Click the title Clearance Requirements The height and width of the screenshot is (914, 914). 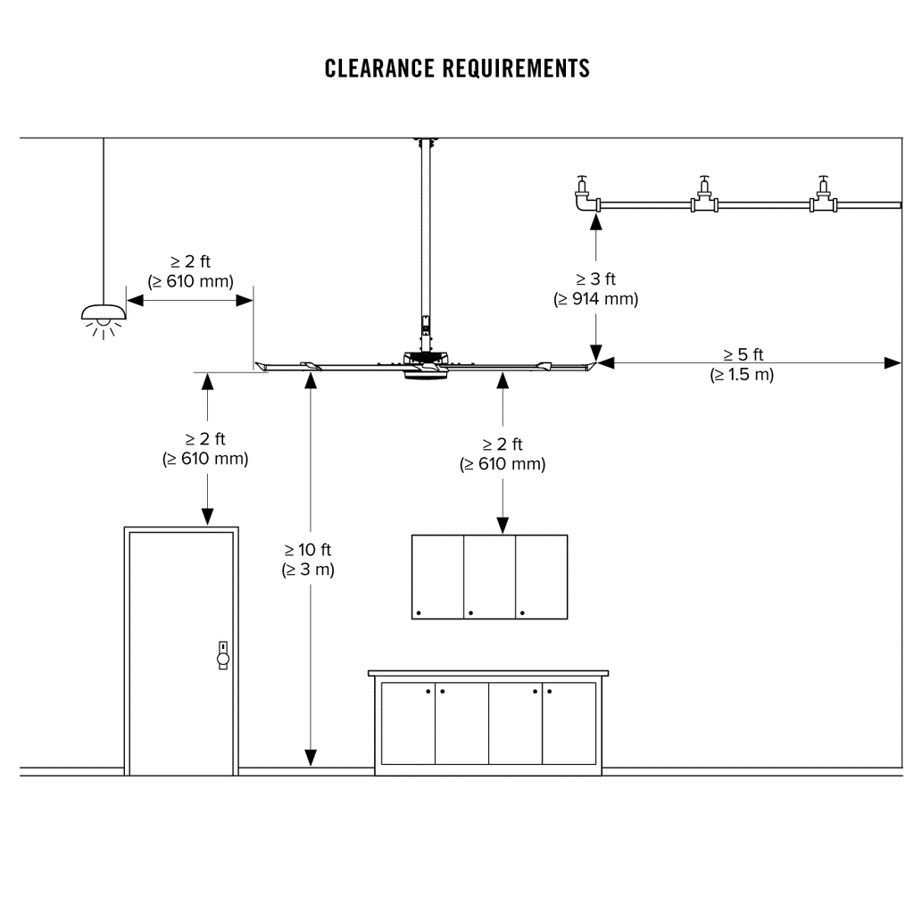pos(457,69)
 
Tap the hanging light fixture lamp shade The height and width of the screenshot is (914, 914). pos(104,312)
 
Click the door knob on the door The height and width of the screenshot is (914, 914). pos(222,659)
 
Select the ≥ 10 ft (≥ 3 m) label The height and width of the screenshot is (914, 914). pos(308,560)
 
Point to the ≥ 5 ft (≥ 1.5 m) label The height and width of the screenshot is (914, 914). pos(743,365)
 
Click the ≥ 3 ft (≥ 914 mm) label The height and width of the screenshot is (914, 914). pos(595,289)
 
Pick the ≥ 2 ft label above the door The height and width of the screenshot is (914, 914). pos(205,449)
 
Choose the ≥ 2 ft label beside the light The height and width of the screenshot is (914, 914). pos(190,271)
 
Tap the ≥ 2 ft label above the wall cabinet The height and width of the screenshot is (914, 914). pos(503,453)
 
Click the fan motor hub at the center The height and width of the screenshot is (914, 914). pos(426,365)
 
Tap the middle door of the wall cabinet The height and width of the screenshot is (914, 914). pos(490,577)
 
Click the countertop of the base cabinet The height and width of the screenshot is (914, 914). pos(488,673)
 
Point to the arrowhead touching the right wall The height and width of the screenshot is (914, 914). pos(892,362)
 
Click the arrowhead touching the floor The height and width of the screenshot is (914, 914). pos(310,757)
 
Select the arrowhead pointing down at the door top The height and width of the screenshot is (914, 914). pos(207,516)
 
